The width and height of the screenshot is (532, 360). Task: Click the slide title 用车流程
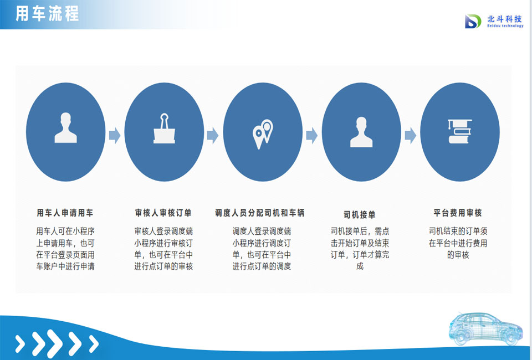tap(47, 14)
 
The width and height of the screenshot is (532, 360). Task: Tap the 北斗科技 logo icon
tap(473, 22)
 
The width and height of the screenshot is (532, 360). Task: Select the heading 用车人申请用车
tap(65, 213)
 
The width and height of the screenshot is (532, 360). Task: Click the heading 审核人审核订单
tap(163, 213)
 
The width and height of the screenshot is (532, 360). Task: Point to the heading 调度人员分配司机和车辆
tap(260, 213)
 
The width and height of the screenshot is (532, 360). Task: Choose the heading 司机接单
tap(360, 214)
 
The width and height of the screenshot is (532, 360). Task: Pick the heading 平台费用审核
tap(458, 213)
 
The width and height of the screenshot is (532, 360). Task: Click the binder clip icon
tap(164, 128)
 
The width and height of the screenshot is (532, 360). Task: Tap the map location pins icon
tap(263, 134)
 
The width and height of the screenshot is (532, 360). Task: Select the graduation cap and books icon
tap(460, 131)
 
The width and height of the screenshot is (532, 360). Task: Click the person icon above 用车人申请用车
tap(66, 128)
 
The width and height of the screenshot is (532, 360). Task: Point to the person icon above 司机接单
tap(361, 132)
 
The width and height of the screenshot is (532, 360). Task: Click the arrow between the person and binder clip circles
tap(115, 136)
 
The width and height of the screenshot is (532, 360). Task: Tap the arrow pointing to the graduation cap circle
tap(411, 136)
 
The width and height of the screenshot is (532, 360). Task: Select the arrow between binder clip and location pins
tap(213, 136)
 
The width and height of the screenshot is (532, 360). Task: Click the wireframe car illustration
tap(485, 328)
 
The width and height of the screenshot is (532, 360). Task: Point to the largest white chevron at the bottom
tap(55, 343)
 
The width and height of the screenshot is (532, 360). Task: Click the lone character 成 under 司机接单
tap(360, 266)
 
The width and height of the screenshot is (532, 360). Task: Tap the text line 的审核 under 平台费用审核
tap(458, 255)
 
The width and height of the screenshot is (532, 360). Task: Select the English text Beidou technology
tap(505, 26)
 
